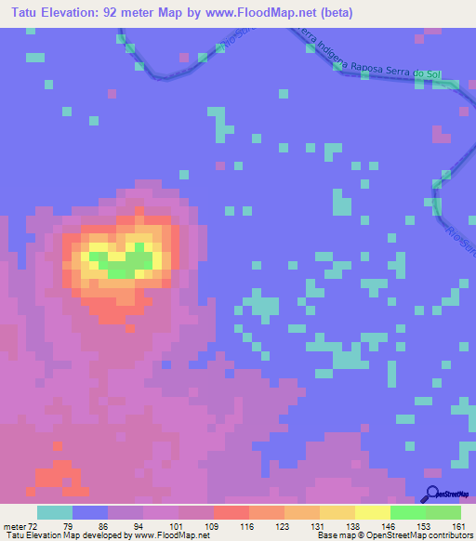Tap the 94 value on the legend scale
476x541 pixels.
(126, 527)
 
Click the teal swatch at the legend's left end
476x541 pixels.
(55, 512)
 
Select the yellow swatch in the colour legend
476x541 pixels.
(372, 512)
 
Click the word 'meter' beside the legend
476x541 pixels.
(13, 527)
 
